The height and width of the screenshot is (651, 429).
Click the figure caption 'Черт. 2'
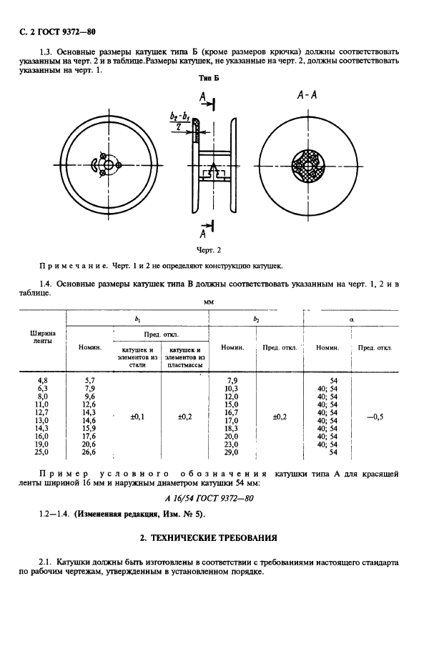209,250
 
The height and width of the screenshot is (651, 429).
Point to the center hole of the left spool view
107,167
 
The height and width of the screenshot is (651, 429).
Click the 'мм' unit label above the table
209,303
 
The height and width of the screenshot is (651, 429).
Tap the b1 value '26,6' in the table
89,452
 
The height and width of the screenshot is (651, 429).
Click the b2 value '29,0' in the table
231,452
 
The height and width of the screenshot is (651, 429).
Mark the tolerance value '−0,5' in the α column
375,416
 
